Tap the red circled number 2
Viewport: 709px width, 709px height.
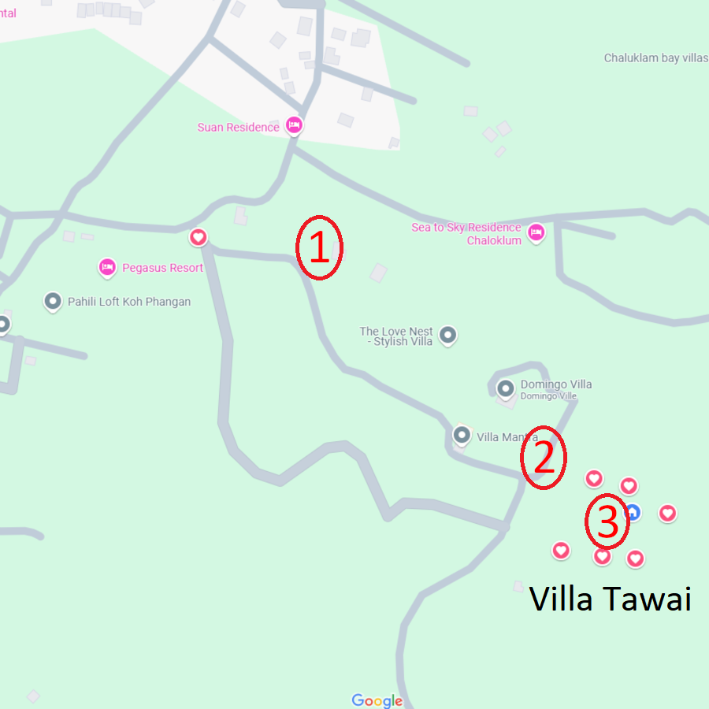point(544,458)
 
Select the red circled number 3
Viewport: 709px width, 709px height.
point(607,523)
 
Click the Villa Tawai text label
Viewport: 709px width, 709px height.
point(610,599)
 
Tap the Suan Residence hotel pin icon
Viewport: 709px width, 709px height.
point(294,125)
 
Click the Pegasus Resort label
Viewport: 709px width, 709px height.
point(162,268)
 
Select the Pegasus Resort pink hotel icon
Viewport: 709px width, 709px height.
point(107,268)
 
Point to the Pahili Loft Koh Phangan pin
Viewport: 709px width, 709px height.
point(53,301)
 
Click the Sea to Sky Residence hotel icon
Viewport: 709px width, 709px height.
point(536,232)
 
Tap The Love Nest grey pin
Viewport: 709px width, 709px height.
point(447,336)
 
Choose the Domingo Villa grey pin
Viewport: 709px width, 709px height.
point(506,387)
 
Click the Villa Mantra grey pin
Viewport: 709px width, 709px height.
point(462,435)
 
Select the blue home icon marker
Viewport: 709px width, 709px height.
point(632,512)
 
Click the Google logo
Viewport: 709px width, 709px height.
point(377,700)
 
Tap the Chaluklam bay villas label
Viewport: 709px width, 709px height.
point(655,58)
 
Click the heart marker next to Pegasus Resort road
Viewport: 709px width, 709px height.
point(199,236)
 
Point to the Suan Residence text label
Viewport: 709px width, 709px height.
point(238,127)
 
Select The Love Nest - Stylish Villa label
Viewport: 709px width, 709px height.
point(396,336)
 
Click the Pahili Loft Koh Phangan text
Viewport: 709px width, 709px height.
point(129,302)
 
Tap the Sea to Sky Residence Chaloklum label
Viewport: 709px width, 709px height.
point(467,234)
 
